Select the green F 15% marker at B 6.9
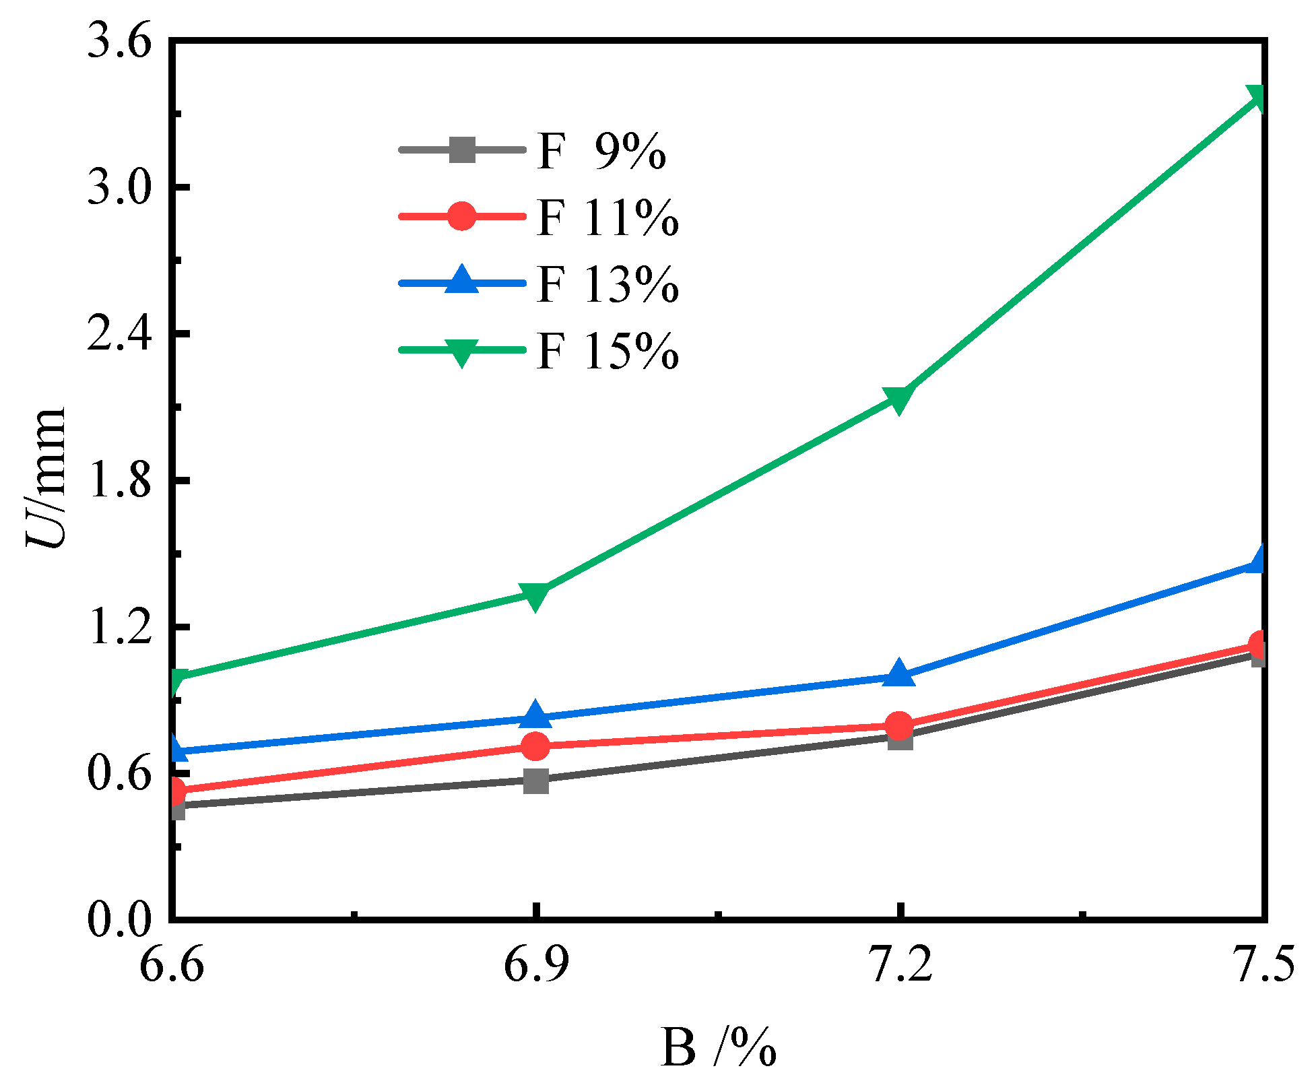pos(535,595)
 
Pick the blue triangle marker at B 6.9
pos(535,715)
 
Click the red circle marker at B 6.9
pos(535,746)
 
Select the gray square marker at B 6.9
pos(535,781)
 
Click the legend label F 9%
pos(601,152)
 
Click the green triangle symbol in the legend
pos(462,352)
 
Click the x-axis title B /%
pos(718,1048)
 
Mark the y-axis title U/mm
pos(46,479)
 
